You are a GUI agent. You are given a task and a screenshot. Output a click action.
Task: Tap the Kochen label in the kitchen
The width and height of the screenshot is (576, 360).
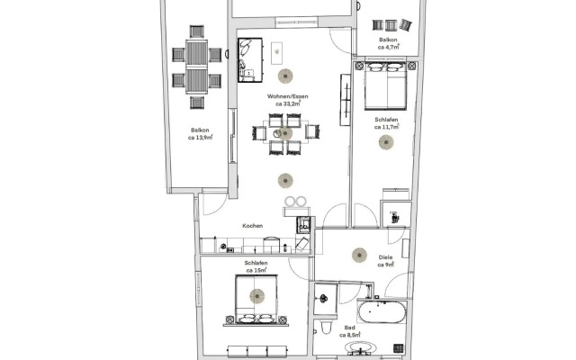(253, 226)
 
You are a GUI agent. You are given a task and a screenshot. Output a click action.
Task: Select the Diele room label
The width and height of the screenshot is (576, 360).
(385, 257)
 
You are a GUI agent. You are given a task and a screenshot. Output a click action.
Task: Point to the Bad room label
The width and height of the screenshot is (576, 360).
(350, 328)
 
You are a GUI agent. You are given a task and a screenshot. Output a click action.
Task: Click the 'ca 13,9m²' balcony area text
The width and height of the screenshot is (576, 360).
(200, 138)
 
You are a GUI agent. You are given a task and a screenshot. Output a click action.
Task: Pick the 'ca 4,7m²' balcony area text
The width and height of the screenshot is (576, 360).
(388, 47)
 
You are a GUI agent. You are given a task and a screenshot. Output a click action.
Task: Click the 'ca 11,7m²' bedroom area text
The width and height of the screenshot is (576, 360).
(386, 127)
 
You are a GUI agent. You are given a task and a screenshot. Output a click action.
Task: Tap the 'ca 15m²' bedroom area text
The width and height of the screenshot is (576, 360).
(256, 271)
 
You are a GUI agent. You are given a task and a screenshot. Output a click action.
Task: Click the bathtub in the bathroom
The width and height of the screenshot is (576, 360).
(382, 312)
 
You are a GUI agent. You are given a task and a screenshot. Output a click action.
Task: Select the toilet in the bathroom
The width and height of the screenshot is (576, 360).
(326, 327)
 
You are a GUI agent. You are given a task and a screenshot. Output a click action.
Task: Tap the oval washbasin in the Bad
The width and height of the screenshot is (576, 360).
(361, 347)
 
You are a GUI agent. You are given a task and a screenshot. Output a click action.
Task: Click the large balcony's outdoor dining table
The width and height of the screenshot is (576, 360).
(196, 67)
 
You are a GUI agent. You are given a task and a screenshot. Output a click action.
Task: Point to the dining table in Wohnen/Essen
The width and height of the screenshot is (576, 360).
(285, 132)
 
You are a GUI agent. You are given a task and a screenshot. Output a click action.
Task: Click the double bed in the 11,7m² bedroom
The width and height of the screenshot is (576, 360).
(386, 88)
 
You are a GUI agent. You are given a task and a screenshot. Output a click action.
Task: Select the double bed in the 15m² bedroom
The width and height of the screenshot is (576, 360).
(256, 300)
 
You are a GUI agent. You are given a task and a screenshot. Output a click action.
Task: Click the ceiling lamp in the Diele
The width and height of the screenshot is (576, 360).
(359, 255)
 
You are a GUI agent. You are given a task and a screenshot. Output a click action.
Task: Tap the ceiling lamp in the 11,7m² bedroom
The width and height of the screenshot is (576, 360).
(386, 142)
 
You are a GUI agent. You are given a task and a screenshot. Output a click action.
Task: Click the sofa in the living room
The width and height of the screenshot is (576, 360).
(250, 60)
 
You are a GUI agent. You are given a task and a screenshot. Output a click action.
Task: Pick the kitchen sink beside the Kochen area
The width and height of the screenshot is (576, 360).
(304, 225)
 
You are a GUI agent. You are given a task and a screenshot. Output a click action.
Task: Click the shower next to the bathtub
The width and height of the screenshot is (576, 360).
(326, 299)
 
